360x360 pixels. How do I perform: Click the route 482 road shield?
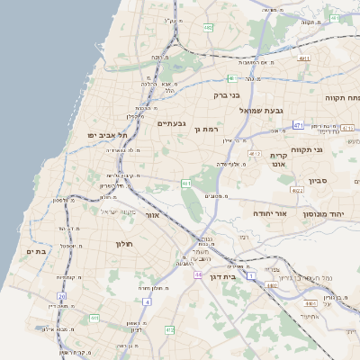click(209, 28)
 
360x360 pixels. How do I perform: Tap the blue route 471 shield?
click(298, 126)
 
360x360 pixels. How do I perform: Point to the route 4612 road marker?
click(255, 154)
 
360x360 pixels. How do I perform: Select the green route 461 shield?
click(186, 184)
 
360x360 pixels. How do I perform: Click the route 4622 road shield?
click(297, 191)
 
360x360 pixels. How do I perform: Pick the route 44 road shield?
click(197, 274)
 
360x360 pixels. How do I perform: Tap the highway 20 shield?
click(61, 296)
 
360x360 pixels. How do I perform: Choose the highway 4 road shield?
click(147, 301)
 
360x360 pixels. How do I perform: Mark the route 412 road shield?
click(170, 330)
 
